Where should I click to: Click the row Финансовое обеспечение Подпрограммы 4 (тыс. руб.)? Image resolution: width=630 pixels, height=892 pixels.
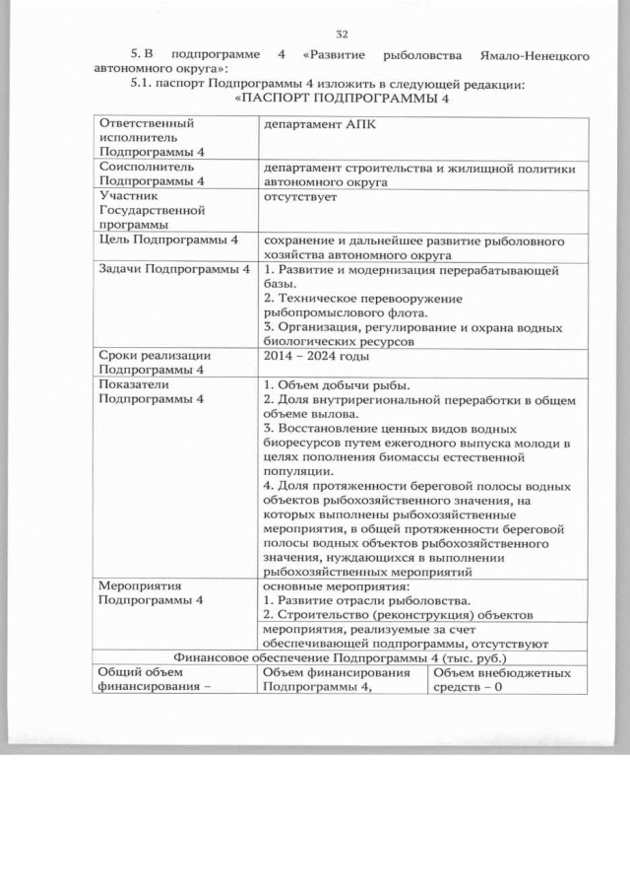(x=341, y=657)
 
